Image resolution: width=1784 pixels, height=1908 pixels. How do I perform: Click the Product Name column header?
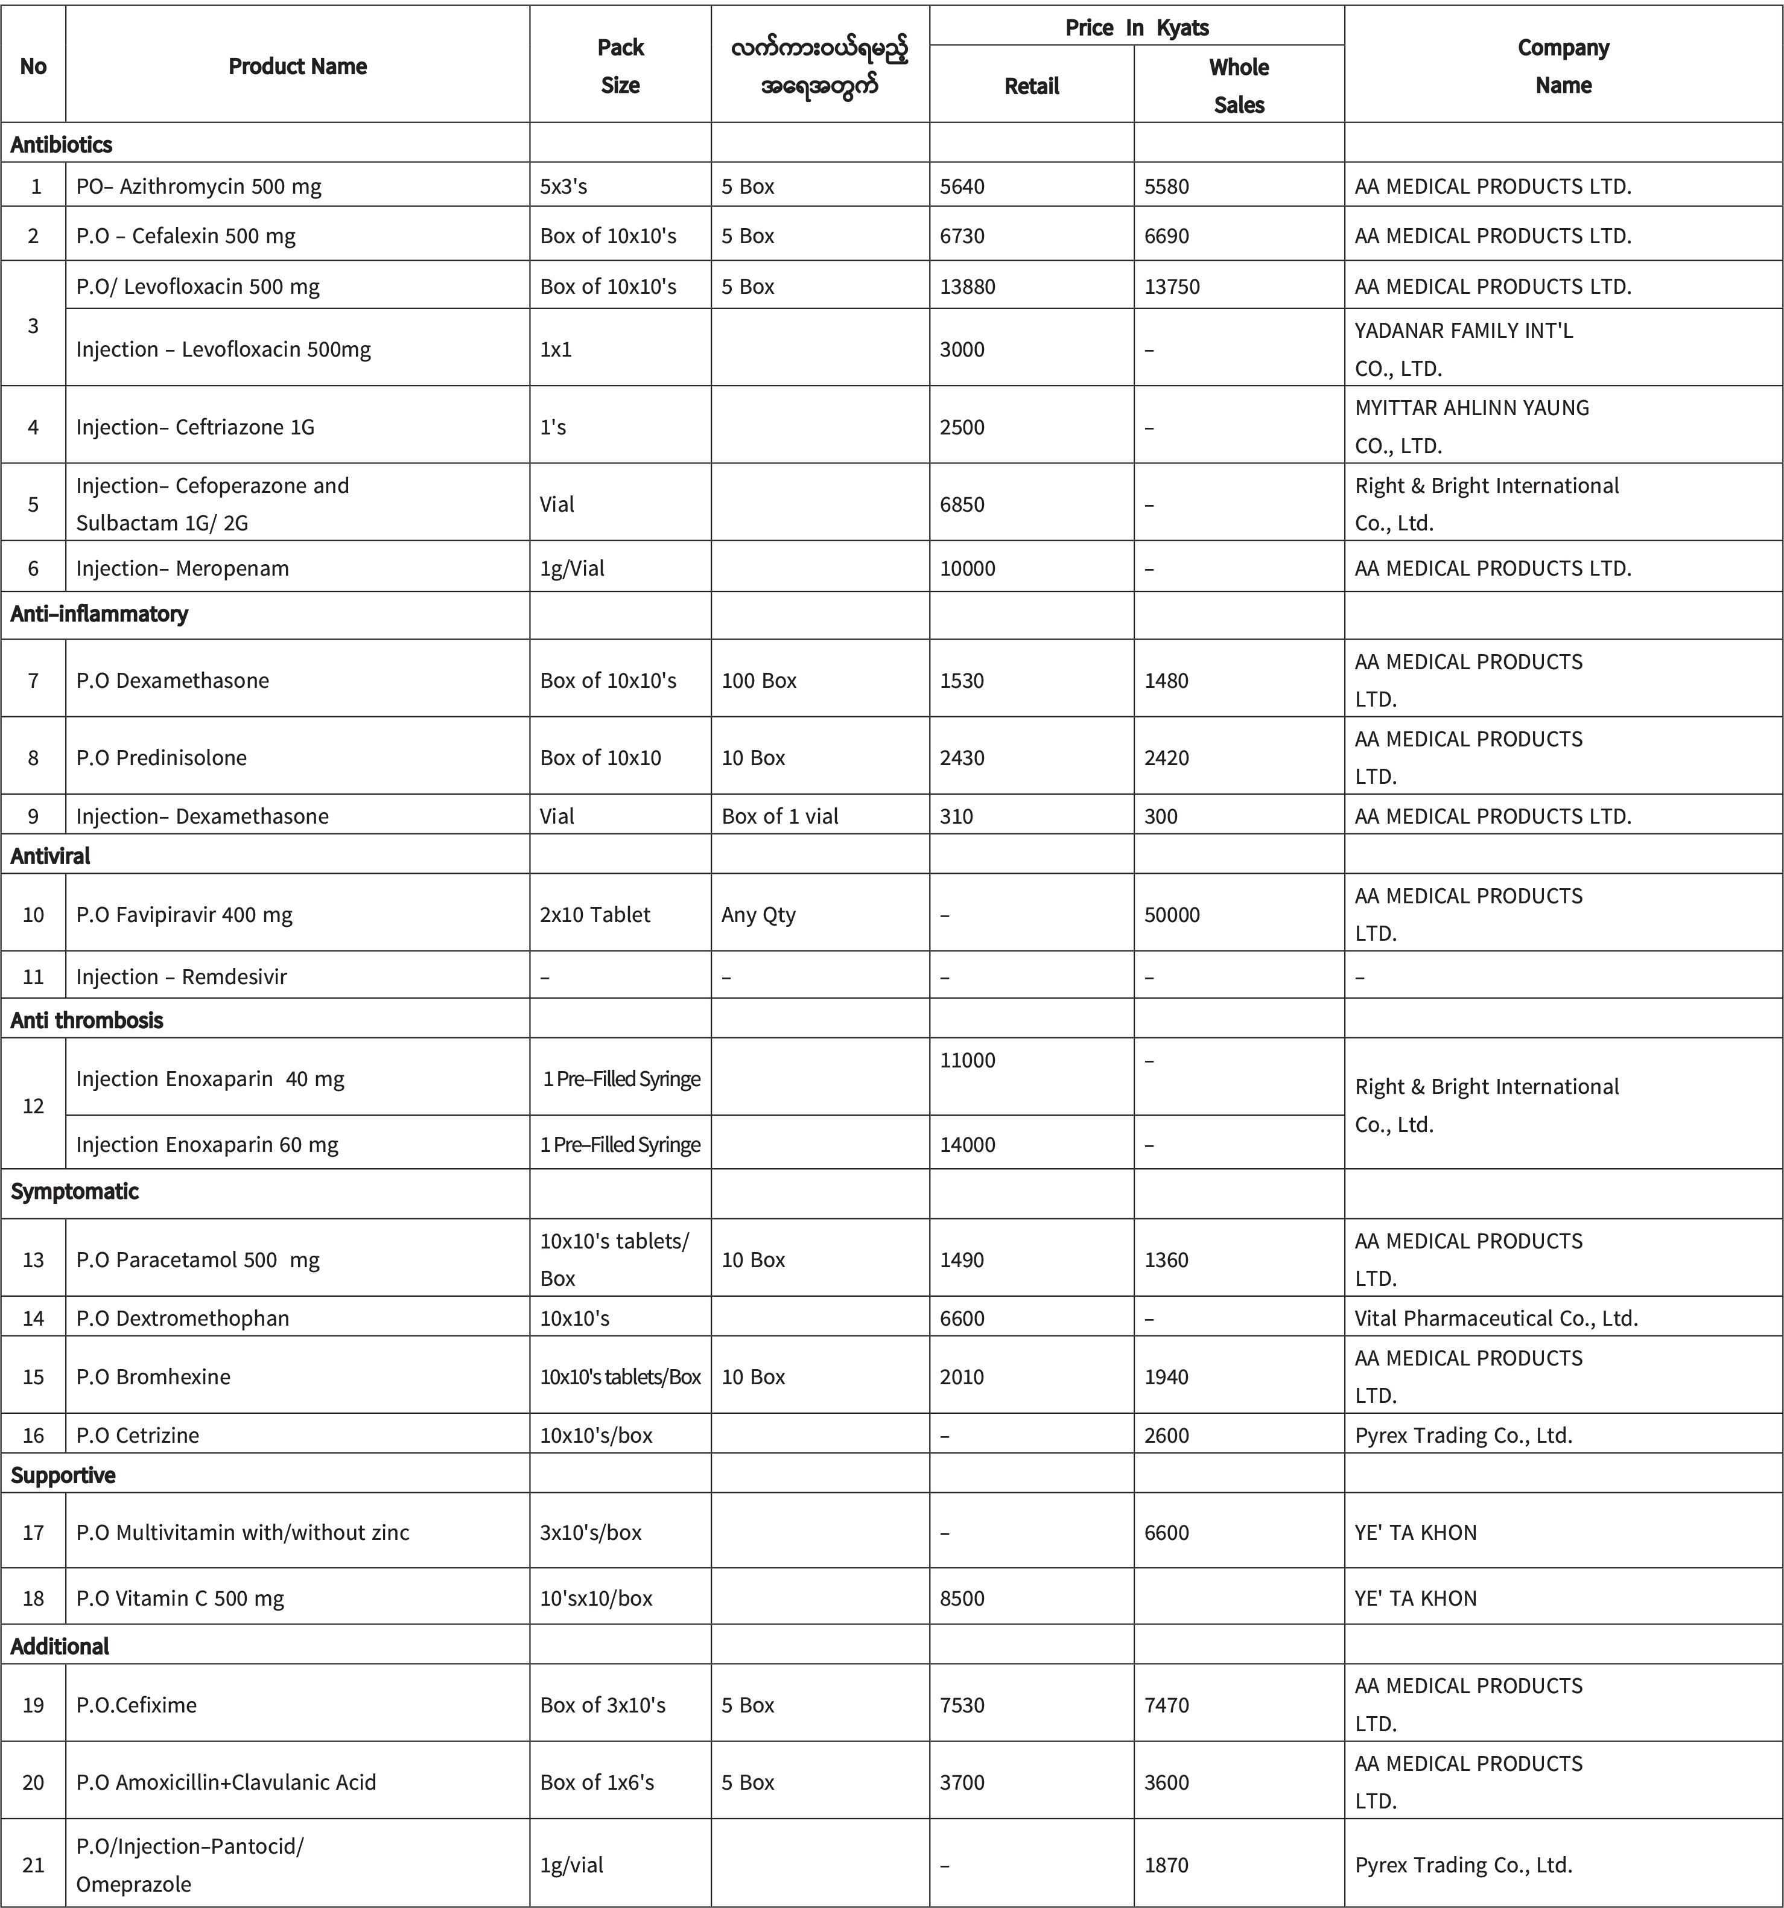(297, 66)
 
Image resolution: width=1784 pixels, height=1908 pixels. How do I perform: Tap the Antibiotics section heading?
(62, 145)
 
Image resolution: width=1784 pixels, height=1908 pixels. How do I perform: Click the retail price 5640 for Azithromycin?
(962, 186)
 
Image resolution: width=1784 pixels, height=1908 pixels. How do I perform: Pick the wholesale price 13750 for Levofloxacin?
(1172, 286)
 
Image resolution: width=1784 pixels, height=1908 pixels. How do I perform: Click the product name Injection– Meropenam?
(182, 568)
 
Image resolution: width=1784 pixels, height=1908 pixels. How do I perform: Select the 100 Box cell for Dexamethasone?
(759, 681)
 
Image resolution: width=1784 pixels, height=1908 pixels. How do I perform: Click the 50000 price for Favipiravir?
(1172, 915)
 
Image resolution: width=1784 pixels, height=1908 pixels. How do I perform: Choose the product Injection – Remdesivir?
(182, 977)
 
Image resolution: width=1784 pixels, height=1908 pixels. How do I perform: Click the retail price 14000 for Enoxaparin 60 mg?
(967, 1144)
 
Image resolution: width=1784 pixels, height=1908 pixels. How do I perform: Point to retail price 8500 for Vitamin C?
(962, 1598)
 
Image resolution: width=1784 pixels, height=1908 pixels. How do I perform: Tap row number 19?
(34, 1705)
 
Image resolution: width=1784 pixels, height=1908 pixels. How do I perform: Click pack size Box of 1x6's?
(597, 1782)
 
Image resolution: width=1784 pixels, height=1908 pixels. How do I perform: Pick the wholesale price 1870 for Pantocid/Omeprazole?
(1166, 1865)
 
